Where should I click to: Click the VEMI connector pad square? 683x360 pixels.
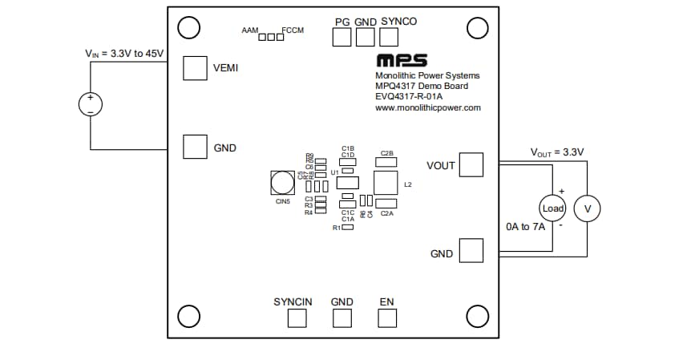(x=196, y=68)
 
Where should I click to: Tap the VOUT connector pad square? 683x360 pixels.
(x=471, y=165)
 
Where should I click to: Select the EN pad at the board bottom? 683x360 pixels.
(x=388, y=318)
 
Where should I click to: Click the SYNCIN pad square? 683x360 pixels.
(x=297, y=318)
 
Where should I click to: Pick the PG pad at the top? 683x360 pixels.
(x=342, y=36)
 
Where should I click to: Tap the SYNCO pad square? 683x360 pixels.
(x=389, y=36)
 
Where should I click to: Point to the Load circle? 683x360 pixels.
(x=553, y=208)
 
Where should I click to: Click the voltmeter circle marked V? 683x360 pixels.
(x=588, y=208)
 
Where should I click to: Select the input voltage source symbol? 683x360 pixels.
(x=90, y=103)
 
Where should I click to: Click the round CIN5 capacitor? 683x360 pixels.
(x=282, y=184)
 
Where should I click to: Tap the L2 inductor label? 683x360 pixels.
(x=408, y=185)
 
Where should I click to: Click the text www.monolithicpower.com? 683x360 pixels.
(x=427, y=107)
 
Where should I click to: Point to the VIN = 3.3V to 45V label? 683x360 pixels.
(x=124, y=54)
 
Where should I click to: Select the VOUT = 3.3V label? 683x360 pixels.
(x=557, y=152)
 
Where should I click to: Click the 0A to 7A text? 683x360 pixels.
(x=525, y=227)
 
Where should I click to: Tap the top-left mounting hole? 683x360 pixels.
(x=188, y=28)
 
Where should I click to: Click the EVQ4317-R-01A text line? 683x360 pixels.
(x=408, y=96)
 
